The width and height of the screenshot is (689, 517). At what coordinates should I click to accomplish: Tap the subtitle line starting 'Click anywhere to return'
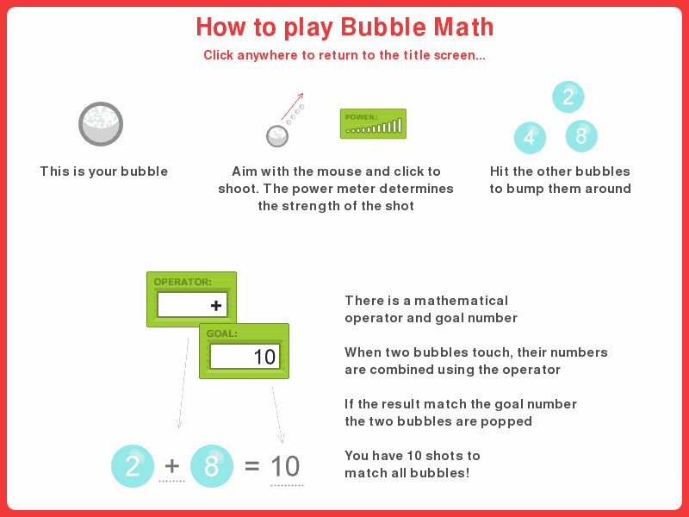344,55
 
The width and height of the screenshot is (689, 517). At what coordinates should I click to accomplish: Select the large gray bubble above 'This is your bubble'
101,123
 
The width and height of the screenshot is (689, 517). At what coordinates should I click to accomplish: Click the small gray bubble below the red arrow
276,135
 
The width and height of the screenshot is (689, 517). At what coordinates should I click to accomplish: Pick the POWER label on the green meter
361,116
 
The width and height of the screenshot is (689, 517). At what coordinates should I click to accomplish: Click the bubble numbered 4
530,137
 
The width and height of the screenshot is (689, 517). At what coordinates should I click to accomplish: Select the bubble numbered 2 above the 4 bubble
568,97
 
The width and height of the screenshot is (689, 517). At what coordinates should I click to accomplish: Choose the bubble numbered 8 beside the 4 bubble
581,135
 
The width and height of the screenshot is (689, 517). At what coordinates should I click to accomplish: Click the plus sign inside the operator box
215,306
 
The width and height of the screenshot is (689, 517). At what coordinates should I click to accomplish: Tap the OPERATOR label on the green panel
183,282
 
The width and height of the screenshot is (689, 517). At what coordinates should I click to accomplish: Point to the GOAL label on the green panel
221,333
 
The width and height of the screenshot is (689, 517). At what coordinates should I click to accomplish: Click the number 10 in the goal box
264,357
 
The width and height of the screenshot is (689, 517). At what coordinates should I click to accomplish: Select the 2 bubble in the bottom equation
133,466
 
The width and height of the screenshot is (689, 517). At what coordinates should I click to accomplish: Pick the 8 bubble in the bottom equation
212,466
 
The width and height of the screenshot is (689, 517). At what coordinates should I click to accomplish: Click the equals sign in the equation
251,466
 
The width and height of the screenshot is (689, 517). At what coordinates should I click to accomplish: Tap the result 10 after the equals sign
285,466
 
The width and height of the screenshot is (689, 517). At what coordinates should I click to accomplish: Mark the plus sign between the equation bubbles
172,466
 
